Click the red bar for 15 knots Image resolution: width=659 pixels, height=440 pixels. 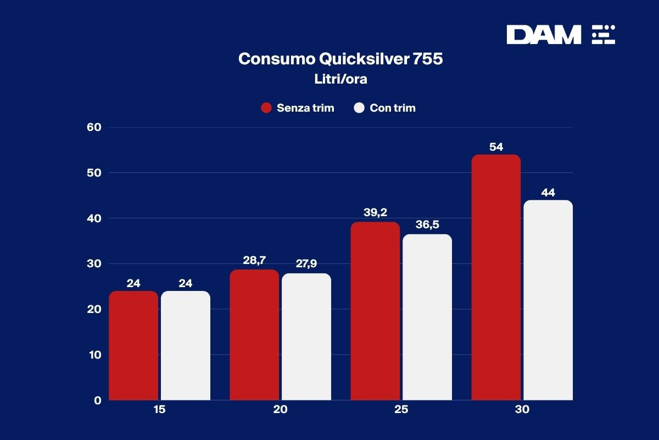point(133,345)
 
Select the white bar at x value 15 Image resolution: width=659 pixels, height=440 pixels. point(186,345)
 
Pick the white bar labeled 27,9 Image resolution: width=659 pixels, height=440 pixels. point(306,337)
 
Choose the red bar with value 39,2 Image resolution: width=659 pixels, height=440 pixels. point(375,311)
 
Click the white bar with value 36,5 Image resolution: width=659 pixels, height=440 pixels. point(427,317)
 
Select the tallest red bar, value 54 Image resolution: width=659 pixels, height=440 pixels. point(496,277)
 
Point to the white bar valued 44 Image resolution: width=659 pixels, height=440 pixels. point(548,300)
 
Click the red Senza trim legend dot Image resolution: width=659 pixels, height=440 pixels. point(266,108)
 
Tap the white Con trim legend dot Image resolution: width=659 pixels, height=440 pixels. point(360,108)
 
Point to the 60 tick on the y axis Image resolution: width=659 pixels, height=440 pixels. point(94,127)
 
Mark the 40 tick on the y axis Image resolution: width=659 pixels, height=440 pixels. point(94,218)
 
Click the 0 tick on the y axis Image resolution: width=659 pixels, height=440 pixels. point(97,400)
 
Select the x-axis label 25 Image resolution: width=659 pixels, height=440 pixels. point(401,410)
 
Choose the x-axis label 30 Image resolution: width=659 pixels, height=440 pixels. point(522,410)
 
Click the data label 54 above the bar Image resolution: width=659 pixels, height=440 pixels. point(496,147)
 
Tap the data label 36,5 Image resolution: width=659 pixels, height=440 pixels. point(427,225)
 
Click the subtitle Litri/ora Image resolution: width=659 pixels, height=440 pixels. point(340,79)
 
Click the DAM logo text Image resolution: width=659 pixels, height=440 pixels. point(543,35)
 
